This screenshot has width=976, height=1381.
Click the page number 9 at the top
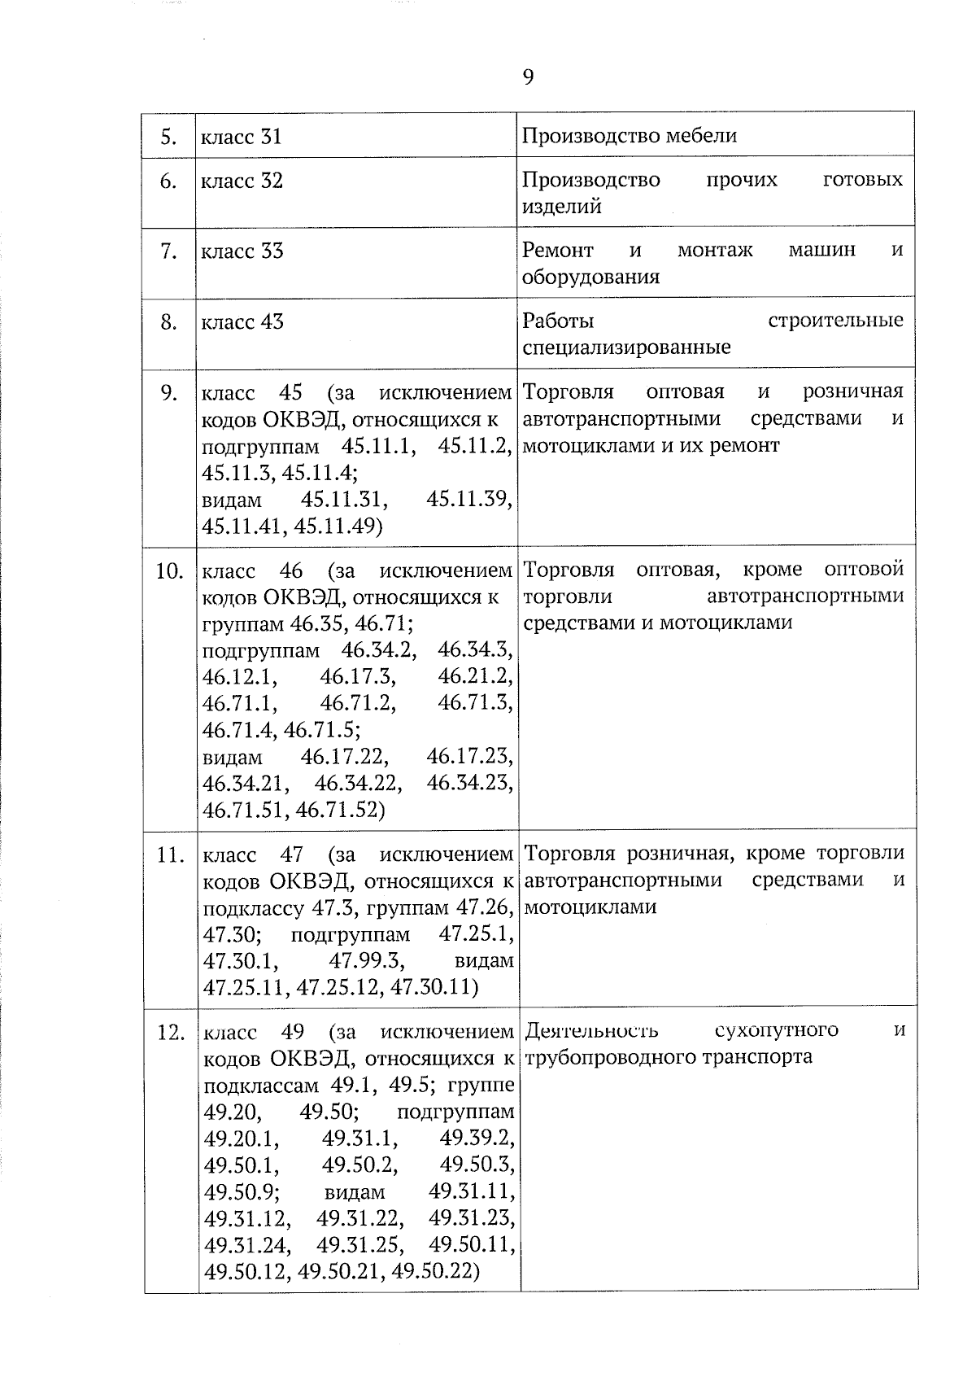pos(528,77)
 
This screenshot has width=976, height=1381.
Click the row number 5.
pos(168,137)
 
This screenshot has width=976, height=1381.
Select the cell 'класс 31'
pos(242,137)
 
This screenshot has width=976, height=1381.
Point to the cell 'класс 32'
pos(242,181)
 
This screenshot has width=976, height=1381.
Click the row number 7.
pos(168,251)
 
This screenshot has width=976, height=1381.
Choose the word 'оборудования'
pos(590,277)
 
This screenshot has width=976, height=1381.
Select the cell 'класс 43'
pos(242,322)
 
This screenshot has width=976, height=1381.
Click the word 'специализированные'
pos(626,347)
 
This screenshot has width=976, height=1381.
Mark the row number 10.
pos(169,571)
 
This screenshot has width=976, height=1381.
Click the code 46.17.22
pos(344,757)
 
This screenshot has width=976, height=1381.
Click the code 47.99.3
pos(366,960)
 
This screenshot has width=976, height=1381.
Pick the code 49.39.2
pos(476,1138)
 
